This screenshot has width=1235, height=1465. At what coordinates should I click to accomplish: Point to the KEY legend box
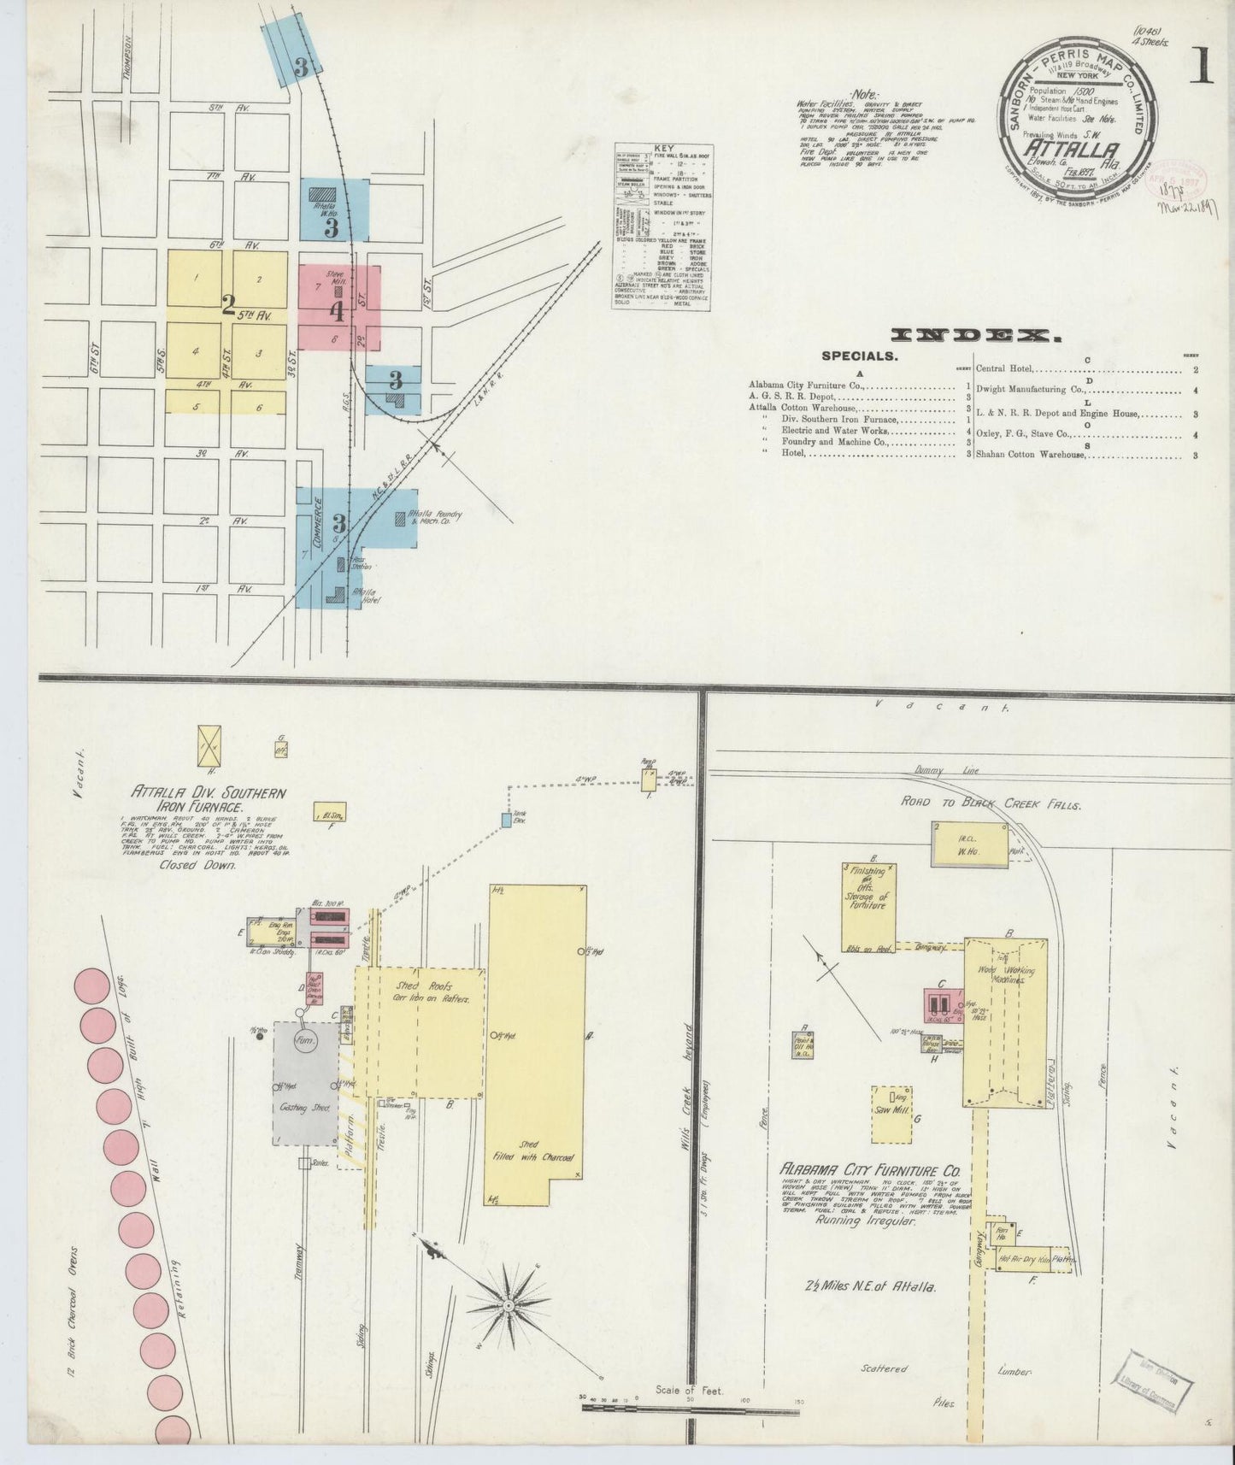663,227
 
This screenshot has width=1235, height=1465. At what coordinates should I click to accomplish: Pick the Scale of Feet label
689,1391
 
